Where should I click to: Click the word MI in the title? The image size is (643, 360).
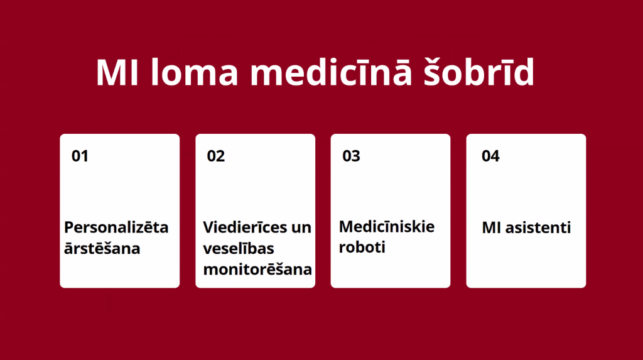click(x=117, y=72)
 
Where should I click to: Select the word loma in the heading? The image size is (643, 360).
click(x=194, y=72)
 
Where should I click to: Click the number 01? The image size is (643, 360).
click(x=80, y=156)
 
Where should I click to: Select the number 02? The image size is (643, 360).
click(x=216, y=156)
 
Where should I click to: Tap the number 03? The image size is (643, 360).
click(x=351, y=156)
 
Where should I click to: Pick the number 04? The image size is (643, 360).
click(x=490, y=156)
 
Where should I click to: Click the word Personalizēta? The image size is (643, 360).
click(x=116, y=227)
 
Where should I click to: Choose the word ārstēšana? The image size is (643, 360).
click(x=102, y=248)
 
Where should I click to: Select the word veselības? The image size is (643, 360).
click(x=239, y=248)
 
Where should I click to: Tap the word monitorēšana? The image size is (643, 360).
click(x=257, y=270)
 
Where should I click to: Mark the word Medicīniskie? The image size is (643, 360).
click(x=387, y=226)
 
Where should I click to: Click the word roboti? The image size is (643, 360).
click(x=362, y=247)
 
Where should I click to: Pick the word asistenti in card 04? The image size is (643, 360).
click(x=538, y=227)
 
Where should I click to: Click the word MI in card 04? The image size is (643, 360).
click(x=491, y=227)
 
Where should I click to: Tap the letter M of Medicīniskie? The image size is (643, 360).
click(x=347, y=227)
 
